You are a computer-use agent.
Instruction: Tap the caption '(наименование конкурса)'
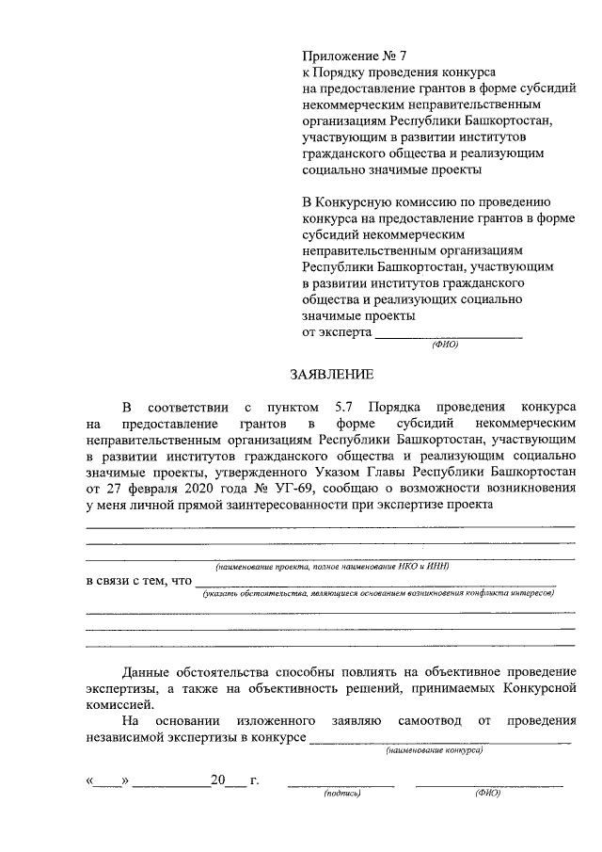pyautogui.click(x=435, y=751)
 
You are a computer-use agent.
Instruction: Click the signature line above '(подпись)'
pyautogui.click(x=341, y=782)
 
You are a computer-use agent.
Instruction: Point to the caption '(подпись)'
pyautogui.click(x=341, y=794)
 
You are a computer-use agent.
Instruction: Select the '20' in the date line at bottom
pyautogui.click(x=218, y=780)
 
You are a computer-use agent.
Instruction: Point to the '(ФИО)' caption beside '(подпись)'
pyautogui.click(x=487, y=794)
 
